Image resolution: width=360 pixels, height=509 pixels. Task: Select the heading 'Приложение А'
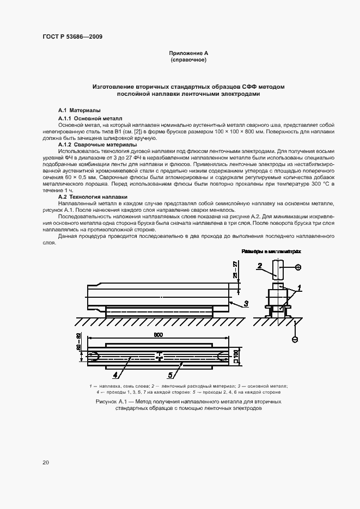pos(188,53)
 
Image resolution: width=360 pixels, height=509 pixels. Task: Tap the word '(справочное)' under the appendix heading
pos(188,60)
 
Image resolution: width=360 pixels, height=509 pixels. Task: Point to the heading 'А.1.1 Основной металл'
pos(90,118)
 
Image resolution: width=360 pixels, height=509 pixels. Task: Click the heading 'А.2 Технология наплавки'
pos(92,197)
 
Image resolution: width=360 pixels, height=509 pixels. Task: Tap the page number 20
pos(46,462)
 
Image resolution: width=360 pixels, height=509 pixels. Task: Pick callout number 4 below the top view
pos(116,375)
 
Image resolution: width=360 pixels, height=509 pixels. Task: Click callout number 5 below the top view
pos(171,375)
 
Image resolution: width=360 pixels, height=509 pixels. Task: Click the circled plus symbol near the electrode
pos(297,266)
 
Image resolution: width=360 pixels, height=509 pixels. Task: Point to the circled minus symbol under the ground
pos(295,339)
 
